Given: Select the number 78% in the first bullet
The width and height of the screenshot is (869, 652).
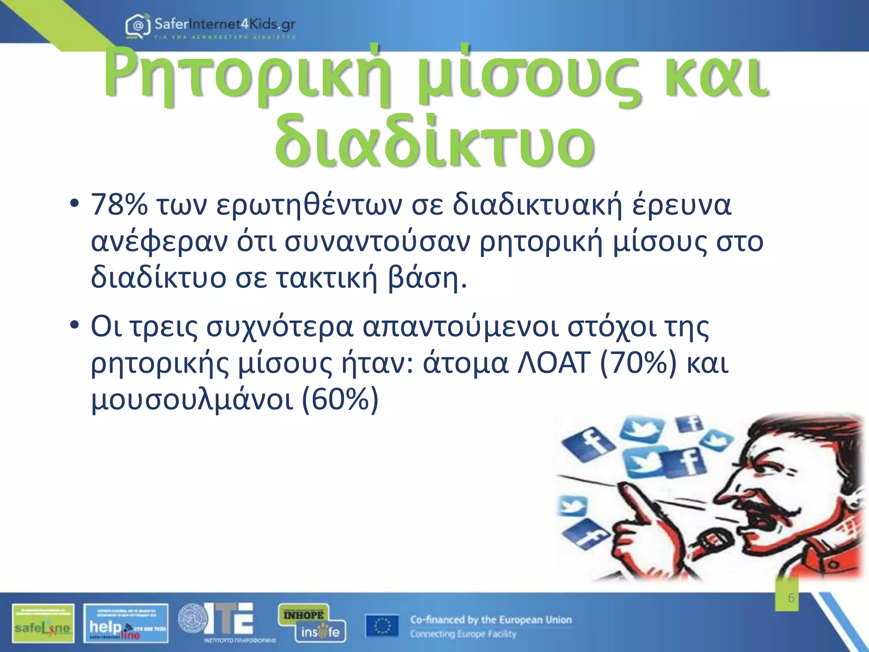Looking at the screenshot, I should (x=120, y=205).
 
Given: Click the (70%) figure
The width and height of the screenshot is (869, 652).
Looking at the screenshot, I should (x=638, y=363).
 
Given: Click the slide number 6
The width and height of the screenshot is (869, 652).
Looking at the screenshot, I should (x=791, y=598).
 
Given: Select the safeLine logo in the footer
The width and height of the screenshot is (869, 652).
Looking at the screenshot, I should (x=43, y=623).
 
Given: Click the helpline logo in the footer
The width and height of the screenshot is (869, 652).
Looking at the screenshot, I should (x=126, y=623).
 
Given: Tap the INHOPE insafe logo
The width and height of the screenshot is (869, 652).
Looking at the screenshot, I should (x=311, y=623).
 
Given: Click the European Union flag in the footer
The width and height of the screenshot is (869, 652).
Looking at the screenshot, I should (x=382, y=626).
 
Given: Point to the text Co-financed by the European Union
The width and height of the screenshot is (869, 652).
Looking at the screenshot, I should (x=491, y=620).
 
